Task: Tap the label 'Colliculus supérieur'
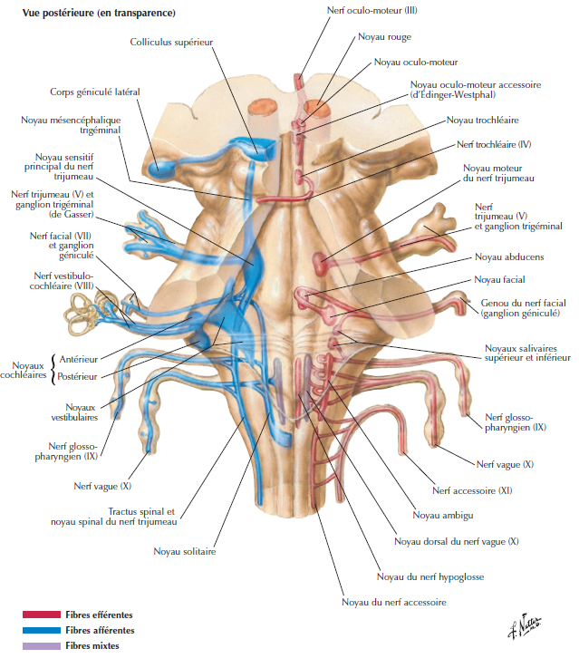click(172, 42)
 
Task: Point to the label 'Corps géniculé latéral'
click(95, 92)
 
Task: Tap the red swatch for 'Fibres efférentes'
click(41, 615)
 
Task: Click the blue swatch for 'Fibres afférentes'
click(41, 630)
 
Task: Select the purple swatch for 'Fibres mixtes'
click(41, 645)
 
